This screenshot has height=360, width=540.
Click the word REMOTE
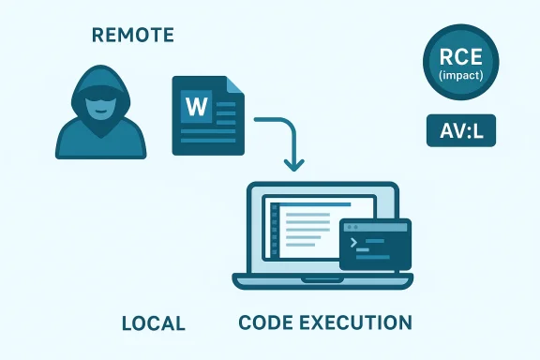133,37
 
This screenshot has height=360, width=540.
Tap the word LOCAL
154,323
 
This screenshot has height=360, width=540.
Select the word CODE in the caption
270,323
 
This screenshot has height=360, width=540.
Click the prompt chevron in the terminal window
355,243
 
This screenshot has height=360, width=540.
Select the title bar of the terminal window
375,226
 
